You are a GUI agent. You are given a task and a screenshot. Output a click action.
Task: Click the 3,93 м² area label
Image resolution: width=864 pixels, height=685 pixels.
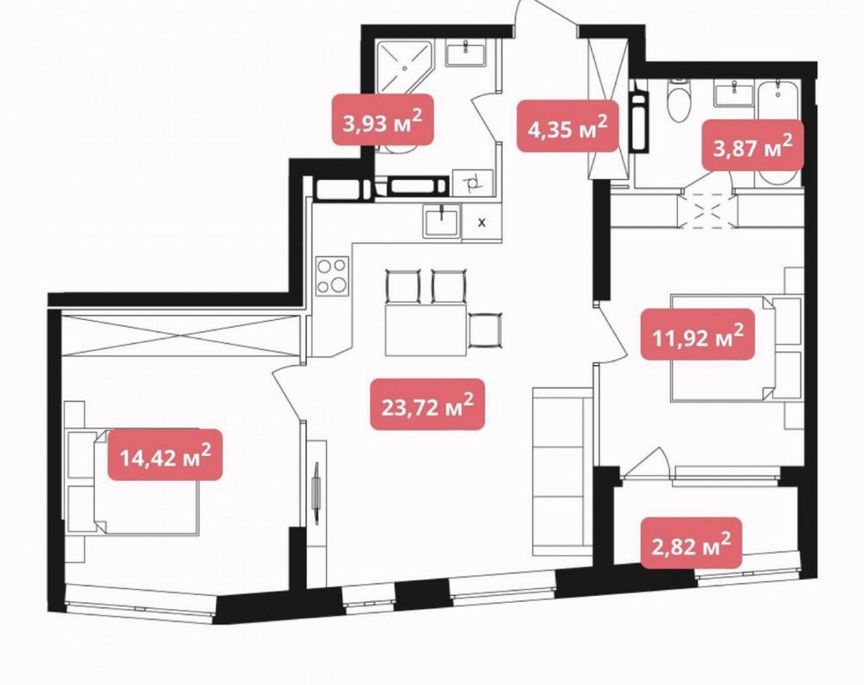coord(382,120)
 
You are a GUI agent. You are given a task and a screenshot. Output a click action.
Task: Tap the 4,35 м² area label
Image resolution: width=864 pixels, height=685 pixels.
coord(567,126)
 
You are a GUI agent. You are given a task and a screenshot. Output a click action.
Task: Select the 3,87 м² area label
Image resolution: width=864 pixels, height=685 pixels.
coord(752,145)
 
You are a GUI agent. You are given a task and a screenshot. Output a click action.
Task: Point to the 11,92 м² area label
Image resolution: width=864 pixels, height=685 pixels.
coord(698,335)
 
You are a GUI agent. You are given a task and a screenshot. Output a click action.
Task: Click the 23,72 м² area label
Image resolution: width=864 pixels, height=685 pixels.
coord(427,405)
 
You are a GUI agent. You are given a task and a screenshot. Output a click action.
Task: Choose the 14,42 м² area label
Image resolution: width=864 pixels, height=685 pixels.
coord(165,455)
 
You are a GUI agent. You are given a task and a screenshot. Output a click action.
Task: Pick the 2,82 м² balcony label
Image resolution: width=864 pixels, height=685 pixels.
coord(691,543)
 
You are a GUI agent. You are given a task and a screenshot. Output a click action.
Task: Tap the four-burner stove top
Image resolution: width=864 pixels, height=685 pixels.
coord(333,276)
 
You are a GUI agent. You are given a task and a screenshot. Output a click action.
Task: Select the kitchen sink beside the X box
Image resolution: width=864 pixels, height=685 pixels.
coord(442,221)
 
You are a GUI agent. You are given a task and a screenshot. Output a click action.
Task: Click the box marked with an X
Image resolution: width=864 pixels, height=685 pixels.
coord(482,222)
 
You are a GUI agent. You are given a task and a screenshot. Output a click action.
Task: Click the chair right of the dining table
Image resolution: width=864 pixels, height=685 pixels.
coord(485,330)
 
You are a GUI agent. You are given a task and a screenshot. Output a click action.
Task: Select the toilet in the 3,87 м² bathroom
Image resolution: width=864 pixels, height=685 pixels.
coord(678,101)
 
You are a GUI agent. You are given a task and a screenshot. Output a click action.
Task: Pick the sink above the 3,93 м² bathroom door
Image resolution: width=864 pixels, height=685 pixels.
coord(465,54)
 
